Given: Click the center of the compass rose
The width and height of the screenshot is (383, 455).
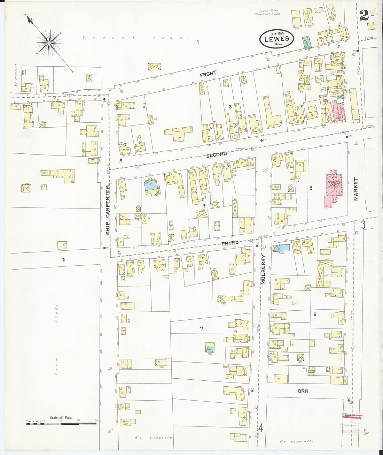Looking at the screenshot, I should coord(49,42).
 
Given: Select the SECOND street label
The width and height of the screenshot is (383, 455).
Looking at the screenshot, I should coord(216,154).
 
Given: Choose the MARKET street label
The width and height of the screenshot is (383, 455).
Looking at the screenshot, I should coord(356,189).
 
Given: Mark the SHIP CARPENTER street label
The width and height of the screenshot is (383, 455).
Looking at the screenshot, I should coord(108,209).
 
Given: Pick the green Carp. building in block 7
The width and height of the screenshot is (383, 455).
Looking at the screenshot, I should coord(210,348).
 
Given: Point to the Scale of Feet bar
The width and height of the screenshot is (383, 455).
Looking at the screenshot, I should coord(61,421).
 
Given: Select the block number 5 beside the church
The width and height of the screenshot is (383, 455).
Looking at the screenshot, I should coord(311,188).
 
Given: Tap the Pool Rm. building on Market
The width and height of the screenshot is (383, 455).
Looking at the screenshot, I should coord(336,65).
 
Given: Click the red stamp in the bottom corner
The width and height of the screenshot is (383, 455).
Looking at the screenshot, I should coord(352,416).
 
